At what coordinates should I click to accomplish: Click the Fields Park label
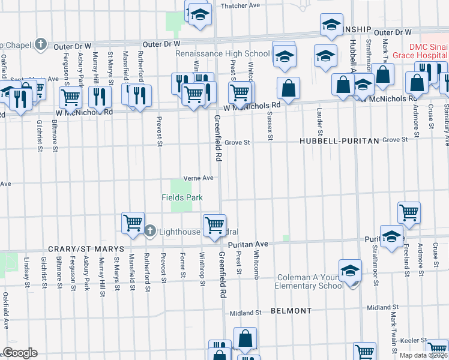182,197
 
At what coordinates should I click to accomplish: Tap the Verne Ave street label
199,178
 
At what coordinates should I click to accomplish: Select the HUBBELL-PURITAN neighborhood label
340,140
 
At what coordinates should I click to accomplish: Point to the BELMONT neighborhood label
291,311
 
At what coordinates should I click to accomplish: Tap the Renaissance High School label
223,54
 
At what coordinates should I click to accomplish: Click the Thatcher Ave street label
240,5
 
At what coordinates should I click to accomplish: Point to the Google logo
19,353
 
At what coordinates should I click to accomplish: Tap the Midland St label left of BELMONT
246,313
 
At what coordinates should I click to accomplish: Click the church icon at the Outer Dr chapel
40,44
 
